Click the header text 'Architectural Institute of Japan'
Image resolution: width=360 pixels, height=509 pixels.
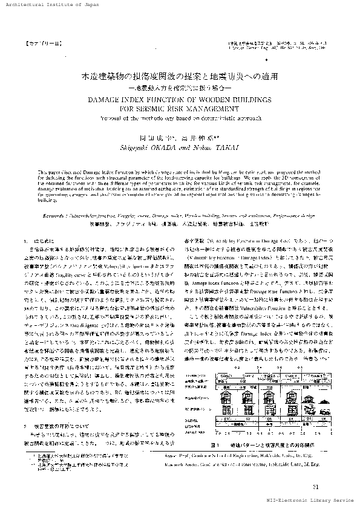pyautogui.click(x=42, y=4)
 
